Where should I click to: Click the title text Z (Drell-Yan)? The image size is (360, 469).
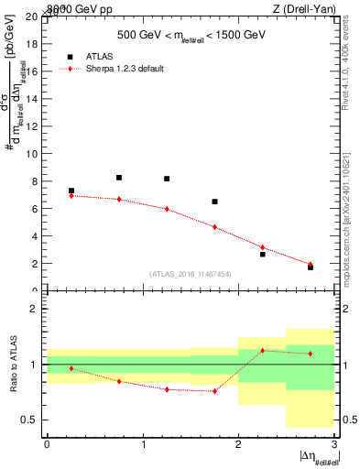(x=310, y=8)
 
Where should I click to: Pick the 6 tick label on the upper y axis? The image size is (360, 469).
(x=34, y=209)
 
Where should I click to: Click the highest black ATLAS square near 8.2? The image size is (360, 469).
(x=119, y=178)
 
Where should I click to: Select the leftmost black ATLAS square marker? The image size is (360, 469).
(x=71, y=191)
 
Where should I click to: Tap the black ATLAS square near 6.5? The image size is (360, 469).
(x=214, y=202)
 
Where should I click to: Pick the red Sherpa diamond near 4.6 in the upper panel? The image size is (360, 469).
(x=214, y=227)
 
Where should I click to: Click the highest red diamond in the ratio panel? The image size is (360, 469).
(x=263, y=350)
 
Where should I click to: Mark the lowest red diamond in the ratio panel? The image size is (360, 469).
(x=214, y=391)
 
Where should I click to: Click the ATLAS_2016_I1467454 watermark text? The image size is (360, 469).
(x=191, y=273)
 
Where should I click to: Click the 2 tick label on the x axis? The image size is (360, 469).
(x=238, y=444)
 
